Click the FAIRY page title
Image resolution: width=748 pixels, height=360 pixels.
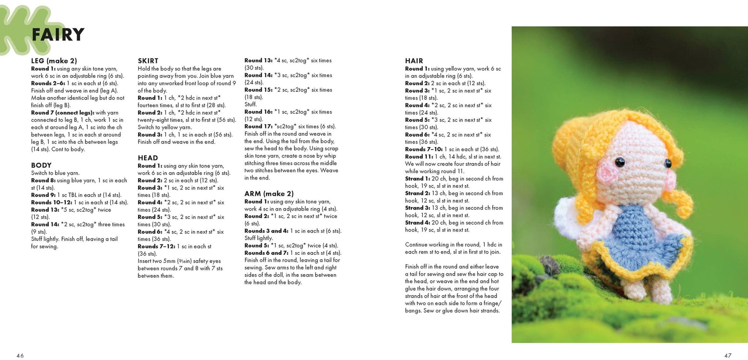(x=58, y=35)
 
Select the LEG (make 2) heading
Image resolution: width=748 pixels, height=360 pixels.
(x=54, y=61)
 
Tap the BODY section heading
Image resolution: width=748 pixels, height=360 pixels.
(x=41, y=166)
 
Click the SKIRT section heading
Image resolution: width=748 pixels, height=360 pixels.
(x=148, y=61)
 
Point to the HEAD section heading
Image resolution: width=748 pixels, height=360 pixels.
(x=148, y=158)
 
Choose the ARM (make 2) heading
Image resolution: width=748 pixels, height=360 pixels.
(x=269, y=194)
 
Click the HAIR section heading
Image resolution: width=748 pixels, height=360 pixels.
(x=414, y=61)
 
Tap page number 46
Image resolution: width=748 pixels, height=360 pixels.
(x=20, y=355)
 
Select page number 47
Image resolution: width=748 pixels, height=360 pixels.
(x=728, y=355)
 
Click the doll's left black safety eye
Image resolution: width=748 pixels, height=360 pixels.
(x=620, y=162)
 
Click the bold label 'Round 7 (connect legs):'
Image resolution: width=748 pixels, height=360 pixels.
(x=63, y=113)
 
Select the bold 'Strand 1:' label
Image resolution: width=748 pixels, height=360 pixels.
(x=417, y=179)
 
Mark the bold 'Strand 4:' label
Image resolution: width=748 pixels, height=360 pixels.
(x=417, y=222)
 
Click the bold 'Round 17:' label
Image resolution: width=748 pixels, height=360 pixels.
(x=259, y=126)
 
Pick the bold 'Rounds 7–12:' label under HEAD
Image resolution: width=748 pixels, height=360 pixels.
(x=156, y=246)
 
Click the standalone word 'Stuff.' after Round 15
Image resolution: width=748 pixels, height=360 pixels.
(x=251, y=104)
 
